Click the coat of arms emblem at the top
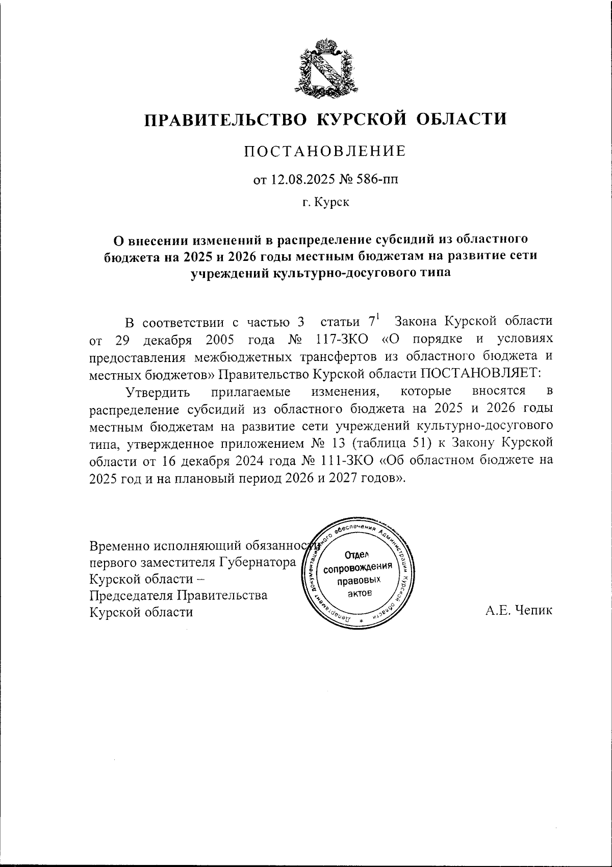point(325,66)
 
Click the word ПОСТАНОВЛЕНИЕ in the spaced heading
point(325,151)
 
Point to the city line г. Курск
point(325,203)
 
